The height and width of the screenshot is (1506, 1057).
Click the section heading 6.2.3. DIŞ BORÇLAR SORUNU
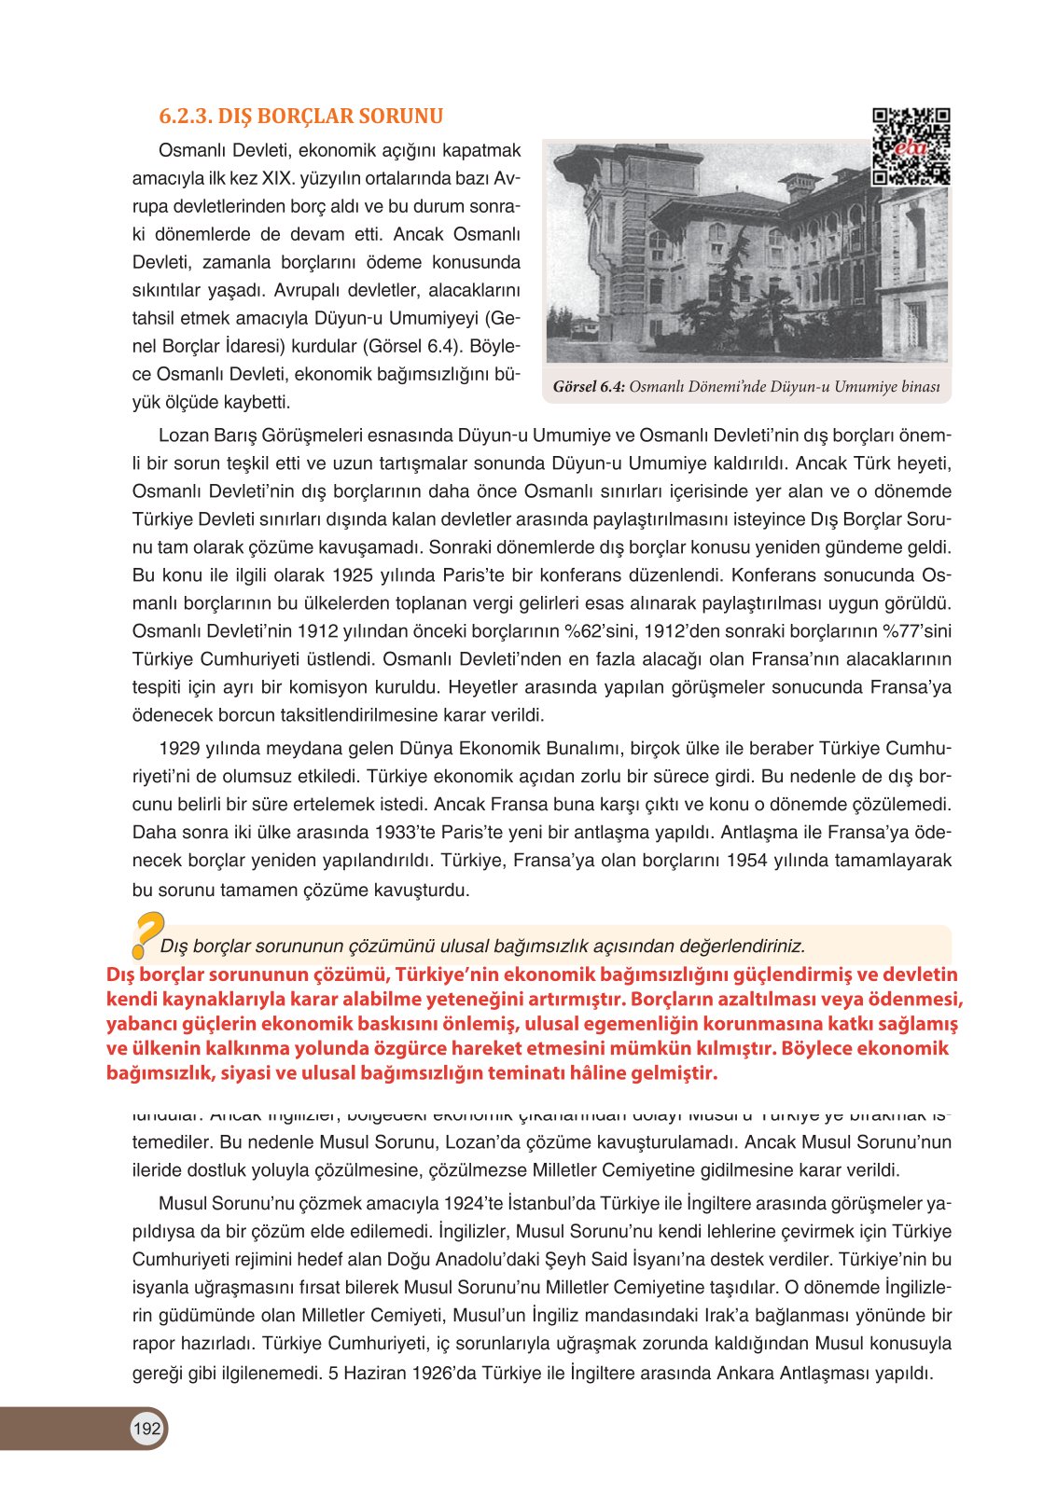pos(300,117)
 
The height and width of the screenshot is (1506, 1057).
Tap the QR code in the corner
pos(911,146)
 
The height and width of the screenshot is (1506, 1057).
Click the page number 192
pos(146,1429)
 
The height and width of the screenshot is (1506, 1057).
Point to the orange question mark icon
pos(146,933)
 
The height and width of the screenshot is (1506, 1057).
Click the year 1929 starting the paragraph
pos(178,748)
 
